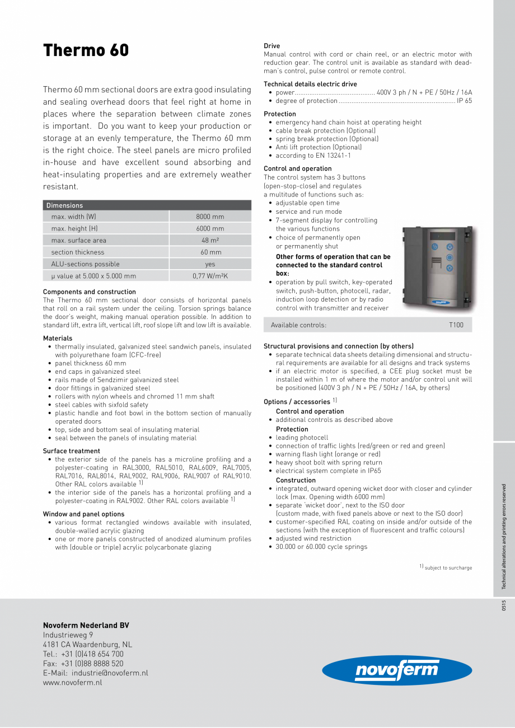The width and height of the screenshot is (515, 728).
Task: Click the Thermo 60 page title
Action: click(86, 50)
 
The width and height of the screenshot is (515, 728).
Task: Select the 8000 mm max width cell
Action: click(210, 217)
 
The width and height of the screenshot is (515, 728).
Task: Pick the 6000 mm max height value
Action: click(210, 228)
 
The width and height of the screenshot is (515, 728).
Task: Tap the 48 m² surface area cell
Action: click(210, 241)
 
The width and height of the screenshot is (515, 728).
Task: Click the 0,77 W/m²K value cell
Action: click(210, 276)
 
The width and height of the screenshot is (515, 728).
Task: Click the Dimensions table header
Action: click(64, 205)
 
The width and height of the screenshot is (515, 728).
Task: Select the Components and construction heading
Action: click(90, 292)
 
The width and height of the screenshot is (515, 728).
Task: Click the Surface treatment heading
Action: click(72, 451)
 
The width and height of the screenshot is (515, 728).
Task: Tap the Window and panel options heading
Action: click(84, 514)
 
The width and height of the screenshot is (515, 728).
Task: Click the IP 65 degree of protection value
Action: click(464, 101)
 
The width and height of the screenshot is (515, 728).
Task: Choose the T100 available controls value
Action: click(456, 325)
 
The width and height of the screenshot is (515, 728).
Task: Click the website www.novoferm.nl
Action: click(73, 683)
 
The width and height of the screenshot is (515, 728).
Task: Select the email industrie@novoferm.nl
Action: click(95, 673)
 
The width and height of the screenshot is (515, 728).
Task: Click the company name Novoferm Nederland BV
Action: click(86, 625)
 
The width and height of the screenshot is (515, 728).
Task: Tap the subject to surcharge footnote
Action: click(448, 568)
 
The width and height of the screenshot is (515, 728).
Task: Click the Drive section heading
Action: click(272, 46)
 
